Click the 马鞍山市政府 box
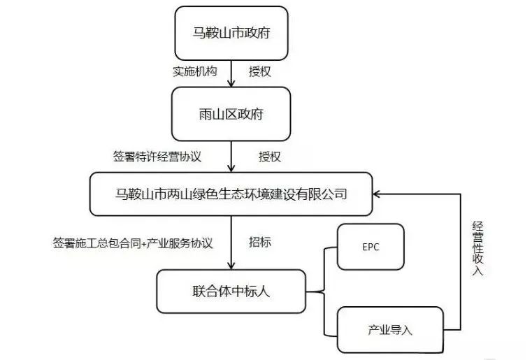click(231, 33)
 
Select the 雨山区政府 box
click(231, 114)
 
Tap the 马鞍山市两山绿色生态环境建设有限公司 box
click(231, 194)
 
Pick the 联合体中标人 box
click(231, 291)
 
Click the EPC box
click(371, 247)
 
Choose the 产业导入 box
click(390, 330)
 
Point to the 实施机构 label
click(194, 72)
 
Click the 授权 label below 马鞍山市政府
click(259, 72)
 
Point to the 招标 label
click(260, 243)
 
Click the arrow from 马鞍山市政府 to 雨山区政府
click(231, 73)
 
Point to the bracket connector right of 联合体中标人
click(322, 291)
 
